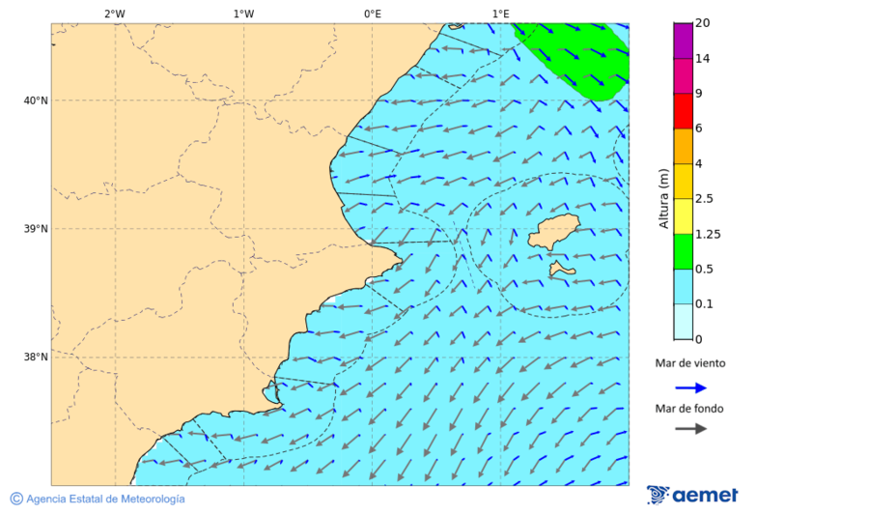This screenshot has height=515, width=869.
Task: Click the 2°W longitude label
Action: tap(114, 14)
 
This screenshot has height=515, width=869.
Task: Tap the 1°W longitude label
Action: tap(243, 14)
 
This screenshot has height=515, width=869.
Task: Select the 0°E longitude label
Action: tap(372, 14)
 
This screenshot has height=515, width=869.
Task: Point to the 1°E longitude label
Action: tap(501, 14)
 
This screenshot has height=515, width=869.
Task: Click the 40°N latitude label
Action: tap(36, 100)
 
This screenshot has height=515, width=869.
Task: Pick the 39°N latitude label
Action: tap(36, 229)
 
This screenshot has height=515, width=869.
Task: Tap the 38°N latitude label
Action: tap(36, 358)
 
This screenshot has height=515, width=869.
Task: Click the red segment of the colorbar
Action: tap(683, 111)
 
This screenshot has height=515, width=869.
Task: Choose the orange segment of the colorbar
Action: tap(683, 146)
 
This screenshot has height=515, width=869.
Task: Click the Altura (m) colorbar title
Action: tap(663, 198)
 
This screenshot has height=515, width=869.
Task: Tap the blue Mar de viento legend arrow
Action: tap(690, 387)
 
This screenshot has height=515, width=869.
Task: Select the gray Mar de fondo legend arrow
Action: tap(690, 429)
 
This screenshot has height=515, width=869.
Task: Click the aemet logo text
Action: tap(705, 496)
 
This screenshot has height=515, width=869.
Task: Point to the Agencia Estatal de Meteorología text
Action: tap(104, 500)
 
